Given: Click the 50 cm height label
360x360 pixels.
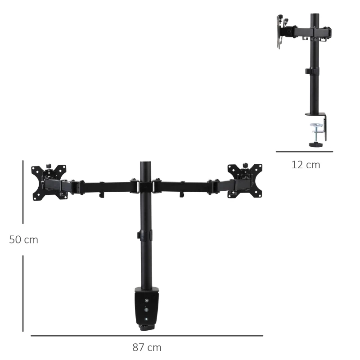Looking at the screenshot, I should pyautogui.click(x=23, y=240).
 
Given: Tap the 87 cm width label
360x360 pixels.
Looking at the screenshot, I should pyautogui.click(x=147, y=347).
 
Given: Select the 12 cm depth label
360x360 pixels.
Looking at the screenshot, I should pyautogui.click(x=306, y=165).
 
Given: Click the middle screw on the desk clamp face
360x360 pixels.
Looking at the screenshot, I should pyautogui.click(x=146, y=310).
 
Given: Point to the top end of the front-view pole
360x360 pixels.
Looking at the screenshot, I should pyautogui.click(x=146, y=163).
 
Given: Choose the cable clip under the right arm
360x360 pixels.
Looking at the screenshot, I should pyautogui.click(x=182, y=194).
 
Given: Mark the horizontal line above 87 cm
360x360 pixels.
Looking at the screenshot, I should pyautogui.click(x=147, y=336).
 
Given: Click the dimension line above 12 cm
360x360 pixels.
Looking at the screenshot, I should pyautogui.click(x=304, y=152).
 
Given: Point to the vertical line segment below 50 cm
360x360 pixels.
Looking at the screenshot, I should pyautogui.click(x=23, y=292).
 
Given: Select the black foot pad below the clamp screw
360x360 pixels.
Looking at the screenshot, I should pyautogui.click(x=315, y=144).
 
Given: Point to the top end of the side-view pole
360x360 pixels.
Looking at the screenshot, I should pyautogui.click(x=315, y=15).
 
